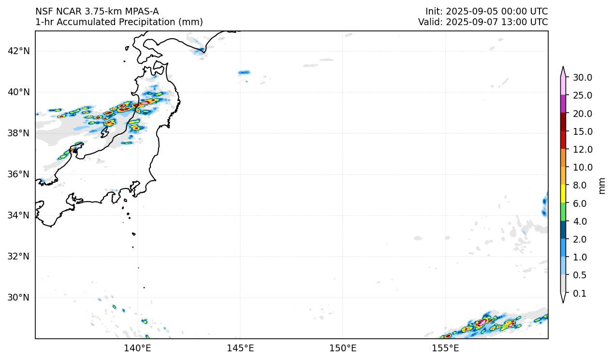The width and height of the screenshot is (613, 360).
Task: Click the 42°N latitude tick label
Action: (x=19, y=51)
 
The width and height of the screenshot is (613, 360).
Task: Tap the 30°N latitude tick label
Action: (x=19, y=297)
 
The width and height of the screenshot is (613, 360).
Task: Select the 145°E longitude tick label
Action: (x=240, y=347)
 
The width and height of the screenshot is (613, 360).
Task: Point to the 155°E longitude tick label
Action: (x=445, y=347)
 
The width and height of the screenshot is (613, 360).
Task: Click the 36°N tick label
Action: (x=19, y=174)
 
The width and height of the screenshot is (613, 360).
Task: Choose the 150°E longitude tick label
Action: (x=343, y=347)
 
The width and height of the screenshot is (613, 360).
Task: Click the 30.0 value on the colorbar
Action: (x=582, y=77)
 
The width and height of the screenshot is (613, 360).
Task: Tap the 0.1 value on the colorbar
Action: (x=579, y=293)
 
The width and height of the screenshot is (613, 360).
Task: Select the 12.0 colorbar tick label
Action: (x=582, y=149)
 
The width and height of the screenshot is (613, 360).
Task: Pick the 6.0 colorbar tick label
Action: (x=579, y=203)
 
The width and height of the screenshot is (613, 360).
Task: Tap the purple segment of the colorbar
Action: (x=563, y=104)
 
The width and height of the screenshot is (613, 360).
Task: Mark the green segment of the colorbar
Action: (x=563, y=212)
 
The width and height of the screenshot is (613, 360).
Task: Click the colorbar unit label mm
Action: (x=602, y=186)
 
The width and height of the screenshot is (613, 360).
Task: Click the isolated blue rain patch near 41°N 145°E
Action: (x=244, y=72)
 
